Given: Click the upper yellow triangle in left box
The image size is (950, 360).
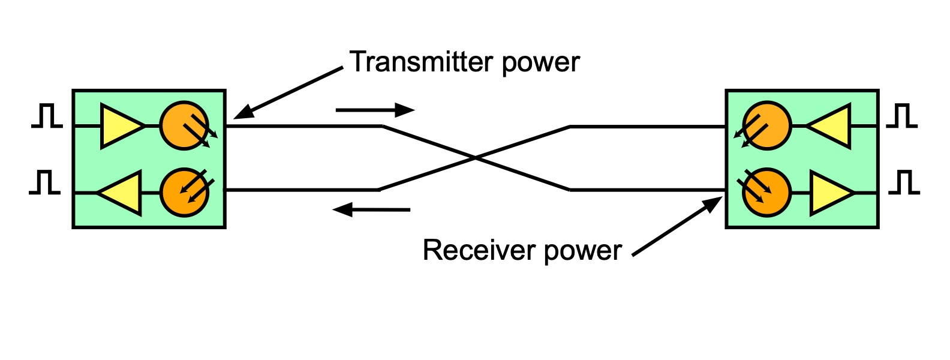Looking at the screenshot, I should (119, 126).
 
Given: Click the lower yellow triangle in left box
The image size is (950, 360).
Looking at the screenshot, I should (123, 193).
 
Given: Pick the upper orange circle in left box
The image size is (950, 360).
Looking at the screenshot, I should (184, 126).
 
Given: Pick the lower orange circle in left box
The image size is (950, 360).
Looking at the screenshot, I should (184, 193).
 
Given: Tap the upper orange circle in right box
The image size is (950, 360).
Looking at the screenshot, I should (767, 126).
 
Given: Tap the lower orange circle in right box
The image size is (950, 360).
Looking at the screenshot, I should (767, 193).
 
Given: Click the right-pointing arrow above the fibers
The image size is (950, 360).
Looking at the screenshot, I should (375, 110).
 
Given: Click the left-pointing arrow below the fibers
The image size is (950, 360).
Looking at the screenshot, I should (371, 209).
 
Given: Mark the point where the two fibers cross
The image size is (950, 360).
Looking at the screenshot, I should (475, 158).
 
